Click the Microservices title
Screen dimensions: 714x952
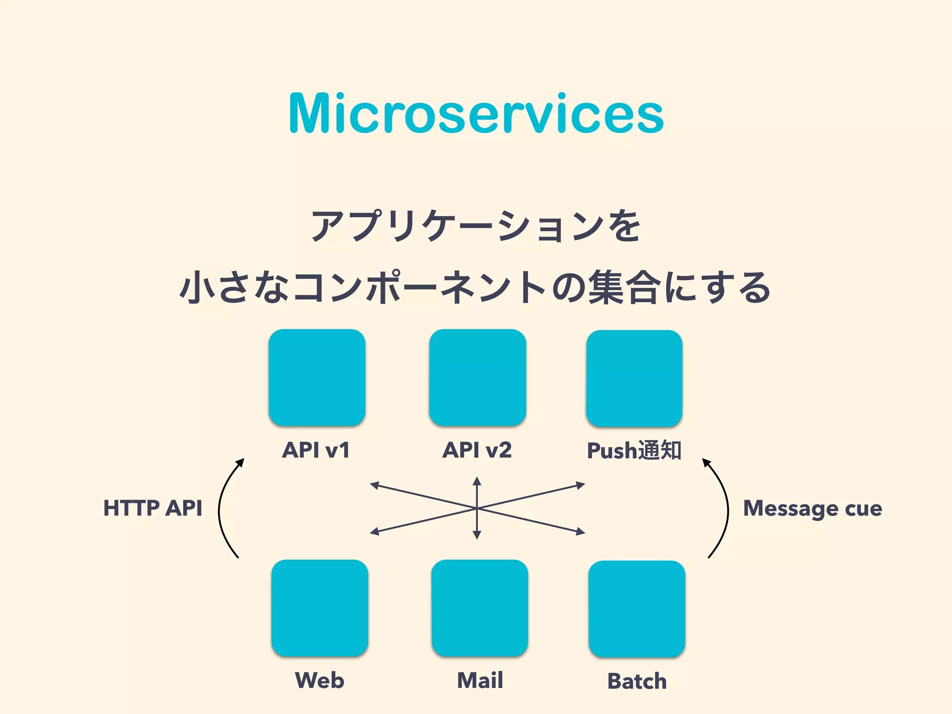point(476,114)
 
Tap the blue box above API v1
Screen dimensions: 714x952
point(317,377)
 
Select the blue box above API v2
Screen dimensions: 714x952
point(477,377)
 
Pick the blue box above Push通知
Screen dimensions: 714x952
point(634,378)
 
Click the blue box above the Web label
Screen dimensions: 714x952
point(320,608)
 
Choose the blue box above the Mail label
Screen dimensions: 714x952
point(480,608)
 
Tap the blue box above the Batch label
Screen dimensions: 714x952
point(637,608)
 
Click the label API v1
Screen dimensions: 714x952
point(316,450)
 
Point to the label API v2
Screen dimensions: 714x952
point(477,450)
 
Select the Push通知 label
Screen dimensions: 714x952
point(634,450)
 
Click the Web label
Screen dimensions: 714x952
point(320,681)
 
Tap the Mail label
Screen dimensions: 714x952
point(480,681)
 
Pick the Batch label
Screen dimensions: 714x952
point(637,681)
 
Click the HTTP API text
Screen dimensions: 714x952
point(152,508)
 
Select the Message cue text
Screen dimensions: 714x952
point(813,508)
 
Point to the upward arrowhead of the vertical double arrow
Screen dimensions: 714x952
point(477,481)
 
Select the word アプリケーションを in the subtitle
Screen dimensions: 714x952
point(476,226)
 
